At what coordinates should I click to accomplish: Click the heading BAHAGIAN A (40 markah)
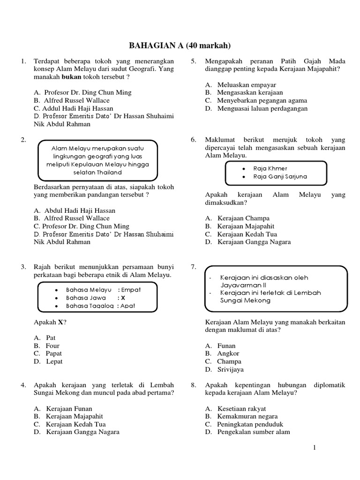coord(180,45)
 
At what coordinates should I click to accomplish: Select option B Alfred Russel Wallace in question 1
coord(71,100)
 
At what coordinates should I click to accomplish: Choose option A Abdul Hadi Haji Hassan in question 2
coord(74,210)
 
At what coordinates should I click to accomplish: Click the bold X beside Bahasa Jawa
coord(123,298)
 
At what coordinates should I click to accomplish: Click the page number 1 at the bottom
coord(315,448)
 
